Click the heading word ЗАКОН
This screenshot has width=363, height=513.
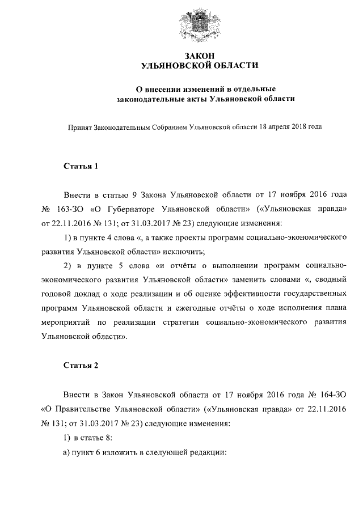click(199, 56)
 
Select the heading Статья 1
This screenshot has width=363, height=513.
click(81, 166)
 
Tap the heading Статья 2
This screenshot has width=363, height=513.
click(81, 365)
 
